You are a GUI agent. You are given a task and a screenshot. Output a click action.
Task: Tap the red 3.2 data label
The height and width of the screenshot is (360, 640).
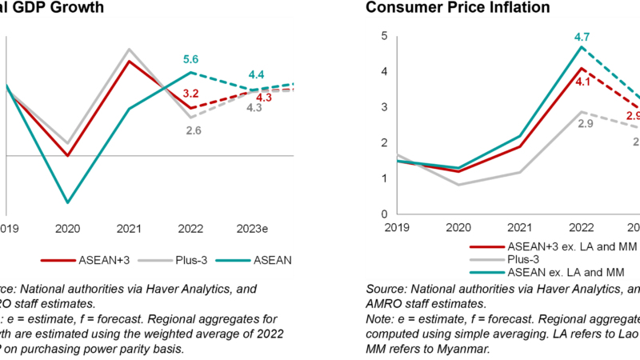[190, 94]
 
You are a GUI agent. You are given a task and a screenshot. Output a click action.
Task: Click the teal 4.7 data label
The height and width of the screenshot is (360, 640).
[582, 35]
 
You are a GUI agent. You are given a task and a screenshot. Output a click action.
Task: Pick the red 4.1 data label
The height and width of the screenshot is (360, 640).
[582, 81]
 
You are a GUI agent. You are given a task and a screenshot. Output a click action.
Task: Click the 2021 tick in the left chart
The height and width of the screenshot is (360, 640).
[130, 229]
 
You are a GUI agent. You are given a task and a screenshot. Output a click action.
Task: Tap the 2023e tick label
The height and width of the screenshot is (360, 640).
[252, 229]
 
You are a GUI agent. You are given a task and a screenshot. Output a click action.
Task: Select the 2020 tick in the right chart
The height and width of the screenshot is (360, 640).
[458, 227]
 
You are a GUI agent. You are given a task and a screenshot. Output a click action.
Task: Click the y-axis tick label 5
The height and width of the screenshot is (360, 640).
[385, 36]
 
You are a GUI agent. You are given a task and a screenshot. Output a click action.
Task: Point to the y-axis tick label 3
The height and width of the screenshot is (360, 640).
[385, 107]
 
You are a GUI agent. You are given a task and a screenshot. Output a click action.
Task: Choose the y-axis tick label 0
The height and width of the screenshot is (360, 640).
[385, 214]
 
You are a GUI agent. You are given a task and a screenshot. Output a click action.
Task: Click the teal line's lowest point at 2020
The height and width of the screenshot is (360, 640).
[67, 202]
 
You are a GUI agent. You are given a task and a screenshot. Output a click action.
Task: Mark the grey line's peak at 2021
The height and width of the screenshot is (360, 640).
[130, 49]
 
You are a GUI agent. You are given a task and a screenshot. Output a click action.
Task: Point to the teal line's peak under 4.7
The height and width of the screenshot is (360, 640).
[582, 46]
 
